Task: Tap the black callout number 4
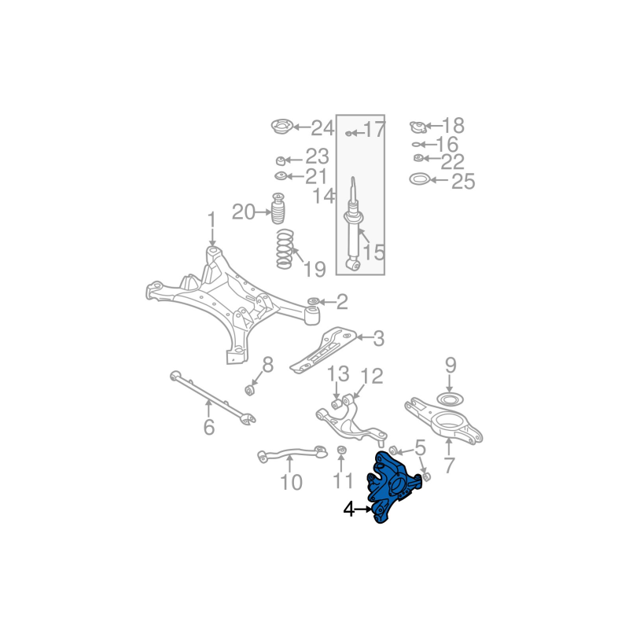click(349, 509)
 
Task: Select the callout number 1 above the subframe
click(211, 219)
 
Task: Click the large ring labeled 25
click(420, 180)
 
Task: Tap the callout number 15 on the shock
click(373, 252)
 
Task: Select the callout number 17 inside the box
click(373, 130)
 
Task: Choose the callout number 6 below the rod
click(208, 428)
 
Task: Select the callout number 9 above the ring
click(451, 365)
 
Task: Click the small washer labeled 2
click(313, 301)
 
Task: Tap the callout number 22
click(452, 162)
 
